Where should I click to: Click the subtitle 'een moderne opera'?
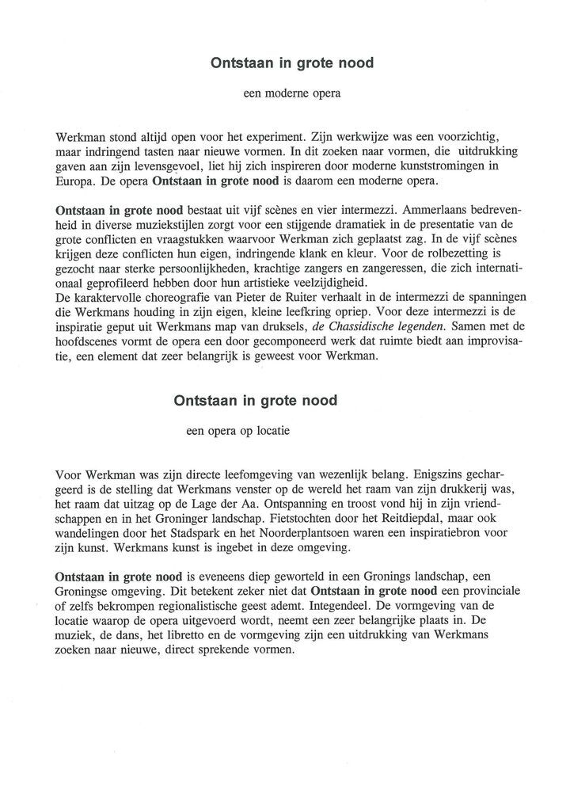(x=291, y=95)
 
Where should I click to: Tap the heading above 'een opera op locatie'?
(x=256, y=401)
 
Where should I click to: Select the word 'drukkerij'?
(x=465, y=490)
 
